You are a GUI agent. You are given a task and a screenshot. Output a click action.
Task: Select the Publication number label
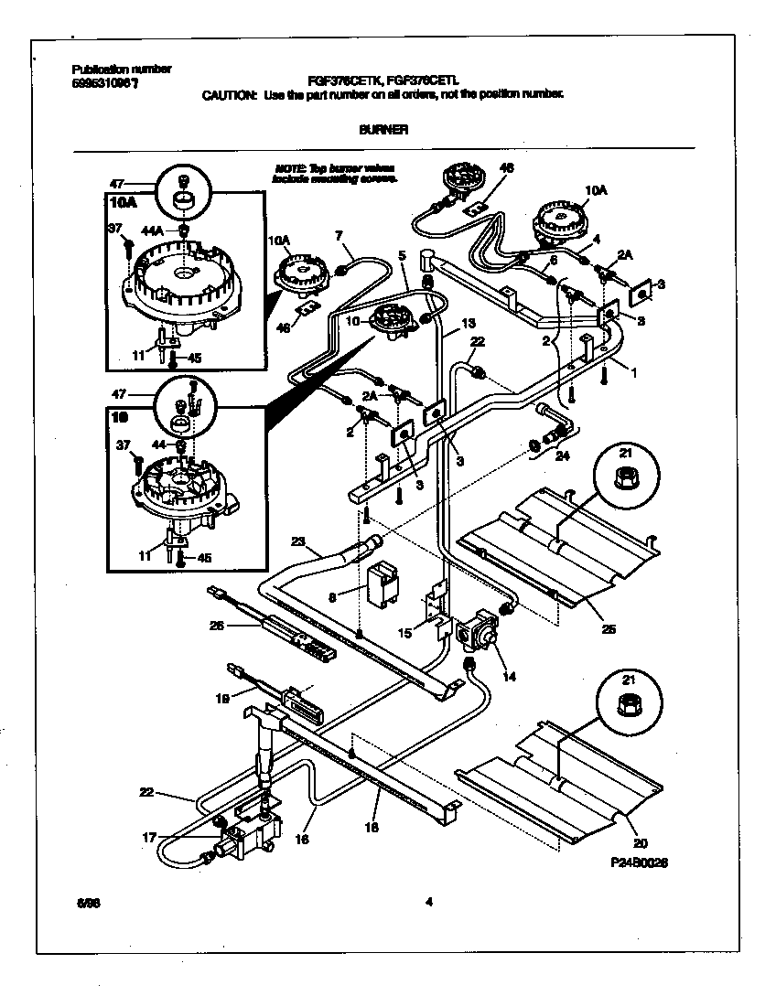point(121,70)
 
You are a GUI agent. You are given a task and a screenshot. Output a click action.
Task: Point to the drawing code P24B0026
point(630,861)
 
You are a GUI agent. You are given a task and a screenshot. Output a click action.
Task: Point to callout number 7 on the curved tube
point(339,237)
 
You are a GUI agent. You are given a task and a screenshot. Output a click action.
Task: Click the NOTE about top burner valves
point(336,174)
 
